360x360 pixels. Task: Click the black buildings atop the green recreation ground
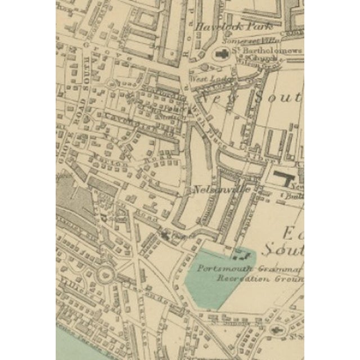[242, 255]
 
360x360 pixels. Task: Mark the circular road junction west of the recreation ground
[104, 276]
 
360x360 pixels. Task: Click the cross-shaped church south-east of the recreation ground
[276, 330]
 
